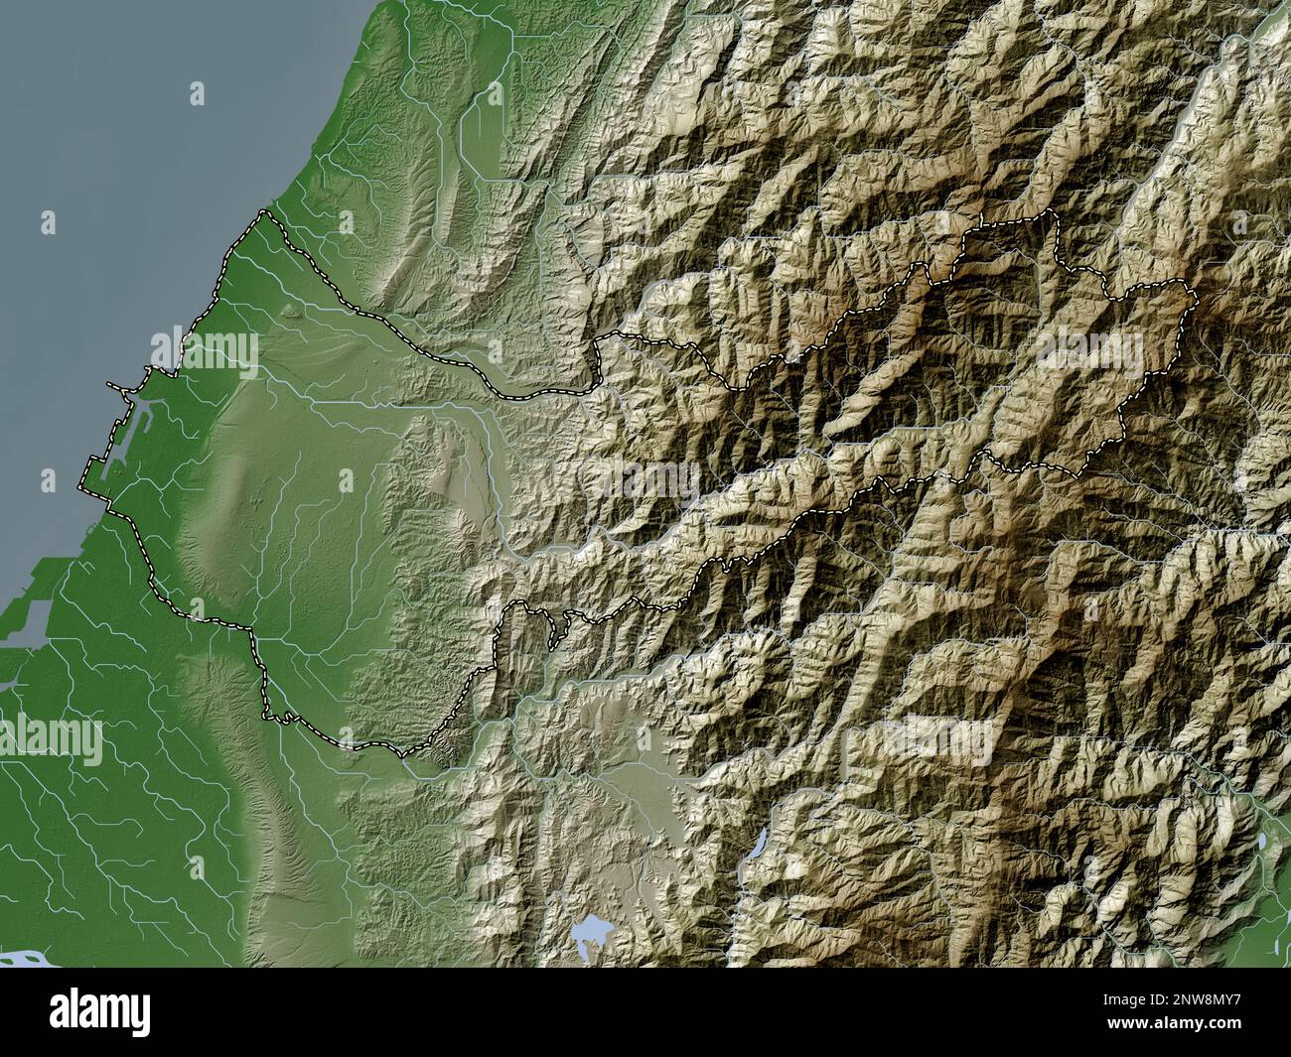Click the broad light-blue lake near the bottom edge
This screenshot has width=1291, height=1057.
click(594, 930)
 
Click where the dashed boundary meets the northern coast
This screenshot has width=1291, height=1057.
click(263, 211)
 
